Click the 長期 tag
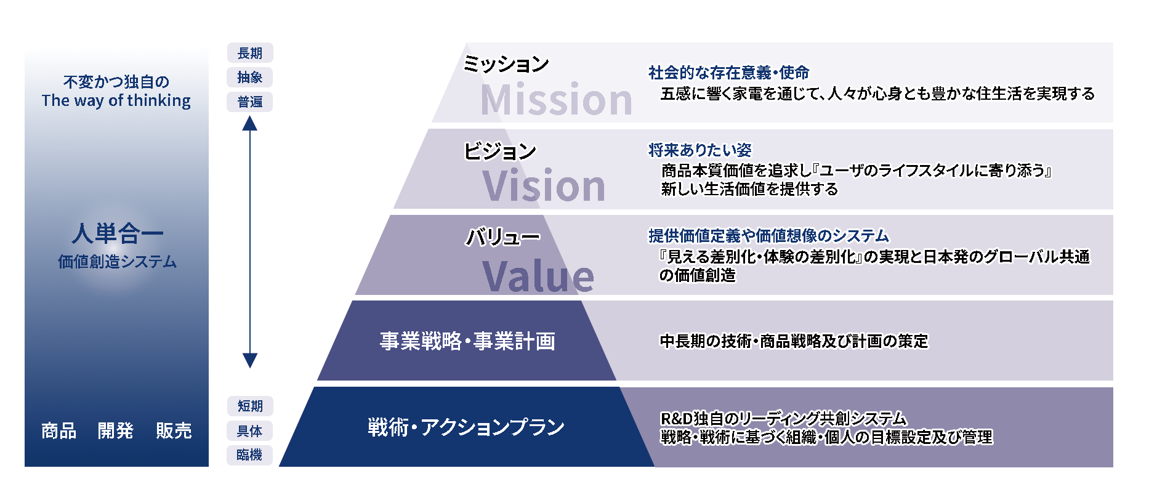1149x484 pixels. [x=250, y=53]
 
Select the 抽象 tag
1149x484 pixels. [x=250, y=77]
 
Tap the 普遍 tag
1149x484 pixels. [x=250, y=102]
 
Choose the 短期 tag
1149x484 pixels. [x=250, y=406]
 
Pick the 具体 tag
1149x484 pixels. [x=250, y=430]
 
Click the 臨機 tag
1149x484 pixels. [x=250, y=454]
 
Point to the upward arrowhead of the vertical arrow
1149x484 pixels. [x=249, y=123]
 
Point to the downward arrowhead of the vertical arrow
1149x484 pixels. [x=249, y=361]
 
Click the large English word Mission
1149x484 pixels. [x=557, y=99]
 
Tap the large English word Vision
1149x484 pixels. [x=544, y=185]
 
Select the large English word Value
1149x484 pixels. [x=538, y=276]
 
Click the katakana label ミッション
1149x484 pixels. [x=506, y=64]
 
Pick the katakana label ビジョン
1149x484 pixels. [x=500, y=151]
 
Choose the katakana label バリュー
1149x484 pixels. [x=502, y=236]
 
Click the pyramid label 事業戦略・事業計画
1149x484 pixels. [x=467, y=341]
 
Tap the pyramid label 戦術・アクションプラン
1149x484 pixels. [x=466, y=427]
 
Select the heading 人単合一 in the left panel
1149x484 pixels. [x=117, y=233]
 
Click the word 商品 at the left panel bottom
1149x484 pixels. [x=59, y=430]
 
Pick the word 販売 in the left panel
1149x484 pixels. [x=174, y=430]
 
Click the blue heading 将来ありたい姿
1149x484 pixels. [x=700, y=150]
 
